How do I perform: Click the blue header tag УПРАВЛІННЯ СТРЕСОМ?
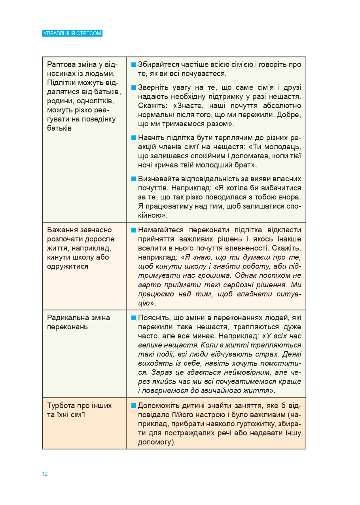(72, 33)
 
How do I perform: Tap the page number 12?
(45, 474)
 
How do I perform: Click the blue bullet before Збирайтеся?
(134, 65)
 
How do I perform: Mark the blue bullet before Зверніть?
(134, 87)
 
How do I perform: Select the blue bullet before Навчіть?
(134, 138)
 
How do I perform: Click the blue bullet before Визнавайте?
(134, 179)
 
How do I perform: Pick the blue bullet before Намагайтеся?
(134, 230)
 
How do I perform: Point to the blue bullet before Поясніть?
(134, 318)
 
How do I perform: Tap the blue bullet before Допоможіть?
(134, 406)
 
